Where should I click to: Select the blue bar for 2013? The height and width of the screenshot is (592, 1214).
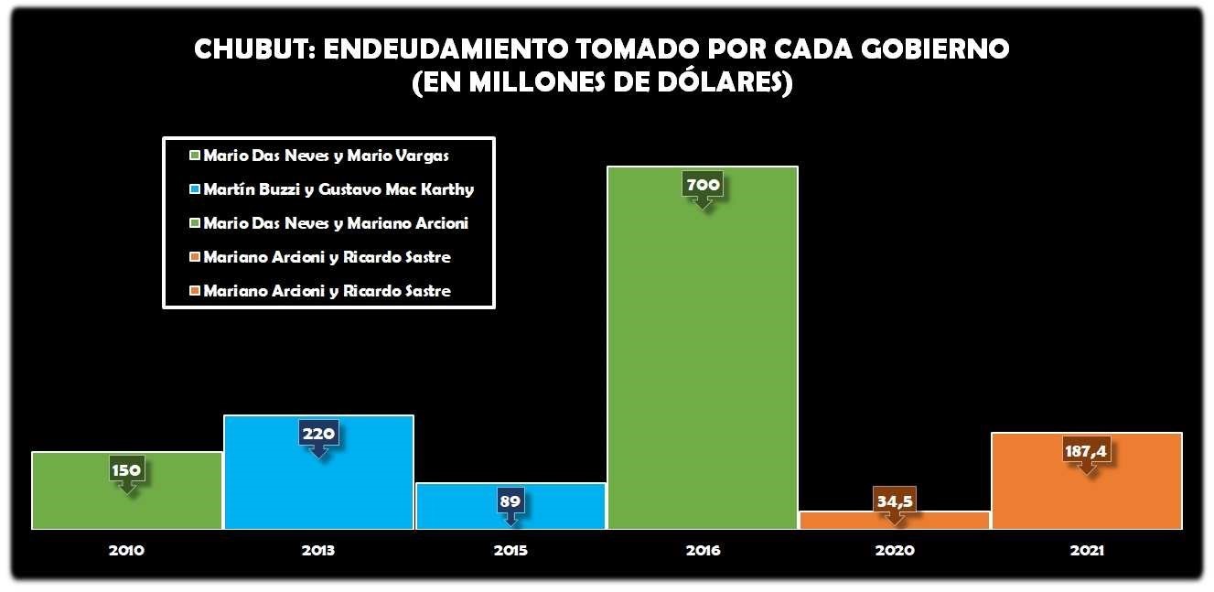[x=318, y=485]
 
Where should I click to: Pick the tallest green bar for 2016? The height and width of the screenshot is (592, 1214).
[x=703, y=366]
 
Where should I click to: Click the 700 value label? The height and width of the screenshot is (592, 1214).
[x=703, y=185]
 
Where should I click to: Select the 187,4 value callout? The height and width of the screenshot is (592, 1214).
[x=1087, y=450]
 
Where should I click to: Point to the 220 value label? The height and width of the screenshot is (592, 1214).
[x=318, y=433]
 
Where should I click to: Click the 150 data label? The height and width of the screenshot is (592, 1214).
[x=127, y=470]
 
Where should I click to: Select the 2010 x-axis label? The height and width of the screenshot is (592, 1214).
[x=126, y=551]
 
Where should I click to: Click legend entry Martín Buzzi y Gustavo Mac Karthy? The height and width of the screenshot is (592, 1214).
[x=338, y=189]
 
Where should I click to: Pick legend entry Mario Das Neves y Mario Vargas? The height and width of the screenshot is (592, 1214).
[x=326, y=156]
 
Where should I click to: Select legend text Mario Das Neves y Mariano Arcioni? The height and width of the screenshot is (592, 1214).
[x=336, y=223]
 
